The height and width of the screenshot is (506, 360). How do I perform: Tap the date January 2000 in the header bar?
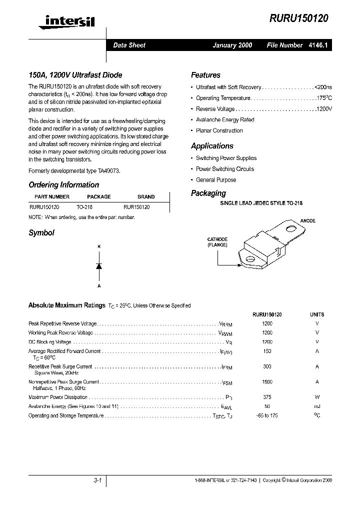point(232,45)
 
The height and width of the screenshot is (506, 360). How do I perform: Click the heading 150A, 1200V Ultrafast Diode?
point(75,75)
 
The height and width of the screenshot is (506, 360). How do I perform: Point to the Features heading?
point(205,75)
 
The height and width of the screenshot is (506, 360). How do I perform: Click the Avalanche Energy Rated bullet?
point(225,120)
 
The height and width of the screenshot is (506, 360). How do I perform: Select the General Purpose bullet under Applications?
point(216,180)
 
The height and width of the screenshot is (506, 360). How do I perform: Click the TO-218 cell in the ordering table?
point(84,206)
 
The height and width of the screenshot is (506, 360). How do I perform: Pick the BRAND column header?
point(146,197)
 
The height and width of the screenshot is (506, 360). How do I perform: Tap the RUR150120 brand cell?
point(136,206)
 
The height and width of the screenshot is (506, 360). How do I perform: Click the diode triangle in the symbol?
point(99,266)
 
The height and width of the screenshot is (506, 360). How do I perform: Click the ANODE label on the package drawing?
point(307,220)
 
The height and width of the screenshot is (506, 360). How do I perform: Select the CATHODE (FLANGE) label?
point(217,242)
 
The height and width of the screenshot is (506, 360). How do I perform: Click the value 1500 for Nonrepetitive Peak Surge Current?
point(267,381)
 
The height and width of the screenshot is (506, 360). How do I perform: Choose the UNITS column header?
point(317,314)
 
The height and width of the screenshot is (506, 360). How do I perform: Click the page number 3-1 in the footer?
point(97,480)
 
